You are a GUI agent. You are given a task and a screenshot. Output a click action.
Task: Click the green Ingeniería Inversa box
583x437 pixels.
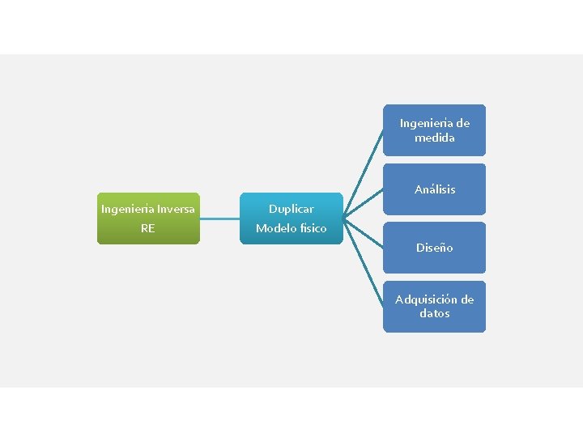click(x=148, y=218)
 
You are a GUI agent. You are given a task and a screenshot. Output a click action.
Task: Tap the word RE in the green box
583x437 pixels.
click(x=147, y=228)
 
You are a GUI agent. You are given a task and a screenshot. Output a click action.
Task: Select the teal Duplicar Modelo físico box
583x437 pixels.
click(x=291, y=218)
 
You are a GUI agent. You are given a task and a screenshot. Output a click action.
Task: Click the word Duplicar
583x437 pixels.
click(x=291, y=209)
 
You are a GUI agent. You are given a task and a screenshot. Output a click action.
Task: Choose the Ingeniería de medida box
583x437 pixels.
click(x=435, y=130)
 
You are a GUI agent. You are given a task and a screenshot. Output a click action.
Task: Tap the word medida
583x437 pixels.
click(x=435, y=138)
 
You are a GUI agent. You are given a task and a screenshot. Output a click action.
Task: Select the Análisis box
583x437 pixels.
click(x=435, y=189)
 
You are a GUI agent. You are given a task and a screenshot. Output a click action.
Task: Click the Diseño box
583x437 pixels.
click(x=435, y=248)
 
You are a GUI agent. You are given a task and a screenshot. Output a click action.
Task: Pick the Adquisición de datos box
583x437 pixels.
click(x=435, y=306)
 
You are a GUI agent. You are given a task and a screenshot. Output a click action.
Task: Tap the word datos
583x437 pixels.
click(x=435, y=313)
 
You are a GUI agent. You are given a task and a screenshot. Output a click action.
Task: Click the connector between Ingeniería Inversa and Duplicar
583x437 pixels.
click(x=220, y=218)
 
